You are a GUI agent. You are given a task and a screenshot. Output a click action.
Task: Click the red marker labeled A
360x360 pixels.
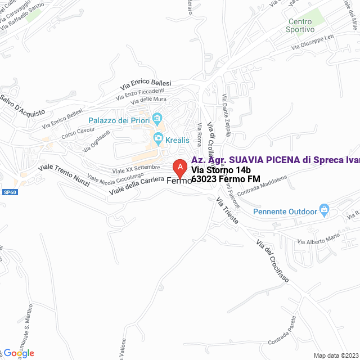[179, 168]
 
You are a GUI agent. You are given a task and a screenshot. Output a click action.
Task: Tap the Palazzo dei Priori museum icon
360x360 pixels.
[157, 119]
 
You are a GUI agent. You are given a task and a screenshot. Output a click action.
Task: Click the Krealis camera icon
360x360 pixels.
[159, 138]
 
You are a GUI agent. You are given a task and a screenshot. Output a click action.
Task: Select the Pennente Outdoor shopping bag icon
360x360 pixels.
[324, 210]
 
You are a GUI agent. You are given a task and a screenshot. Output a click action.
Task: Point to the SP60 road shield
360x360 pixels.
[10, 192]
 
